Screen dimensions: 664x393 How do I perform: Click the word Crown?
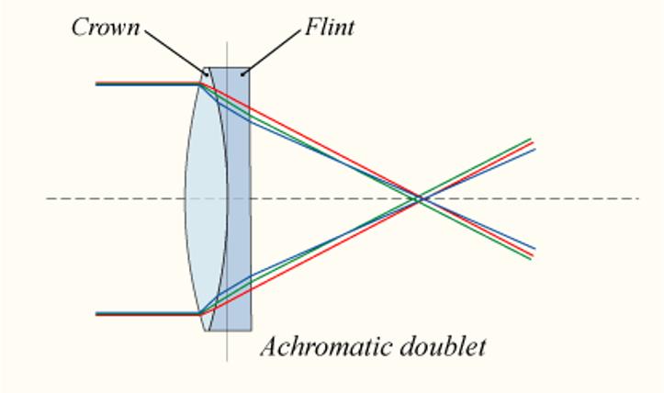(106, 28)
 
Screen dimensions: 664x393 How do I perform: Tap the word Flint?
(330, 28)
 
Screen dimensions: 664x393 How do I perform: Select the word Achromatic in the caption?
(324, 346)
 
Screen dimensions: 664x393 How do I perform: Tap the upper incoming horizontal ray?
(148, 84)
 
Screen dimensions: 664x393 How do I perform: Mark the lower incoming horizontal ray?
(148, 314)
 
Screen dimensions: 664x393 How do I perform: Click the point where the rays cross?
(421, 198)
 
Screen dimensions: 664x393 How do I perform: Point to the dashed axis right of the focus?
(534, 198)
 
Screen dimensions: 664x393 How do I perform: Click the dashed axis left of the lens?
(115, 198)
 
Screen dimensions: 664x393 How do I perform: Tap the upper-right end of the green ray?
(530, 139)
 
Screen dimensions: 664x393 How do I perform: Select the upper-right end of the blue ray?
(535, 149)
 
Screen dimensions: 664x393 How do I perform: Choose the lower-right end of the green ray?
(531, 258)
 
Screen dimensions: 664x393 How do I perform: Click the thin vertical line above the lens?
(227, 54)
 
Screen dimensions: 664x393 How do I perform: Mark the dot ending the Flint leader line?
(242, 75)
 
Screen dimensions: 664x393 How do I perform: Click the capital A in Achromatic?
(270, 346)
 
